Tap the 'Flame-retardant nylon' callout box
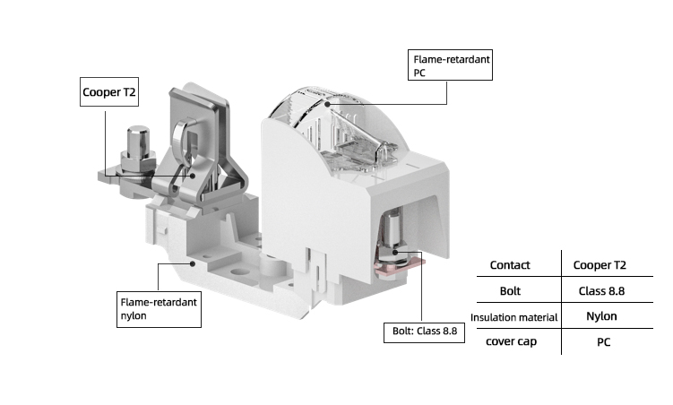pyautogui.click(x=159, y=308)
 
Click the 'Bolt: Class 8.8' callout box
pyautogui.click(x=425, y=332)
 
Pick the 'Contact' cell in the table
pyautogui.click(x=510, y=265)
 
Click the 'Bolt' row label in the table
pyautogui.click(x=510, y=291)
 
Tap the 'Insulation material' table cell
pyautogui.click(x=514, y=317)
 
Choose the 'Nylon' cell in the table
pyautogui.click(x=601, y=316)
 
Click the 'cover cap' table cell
pyautogui.click(x=510, y=342)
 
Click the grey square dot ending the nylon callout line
pyautogui.click(x=194, y=263)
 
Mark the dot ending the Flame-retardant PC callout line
pyautogui.click(x=329, y=105)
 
